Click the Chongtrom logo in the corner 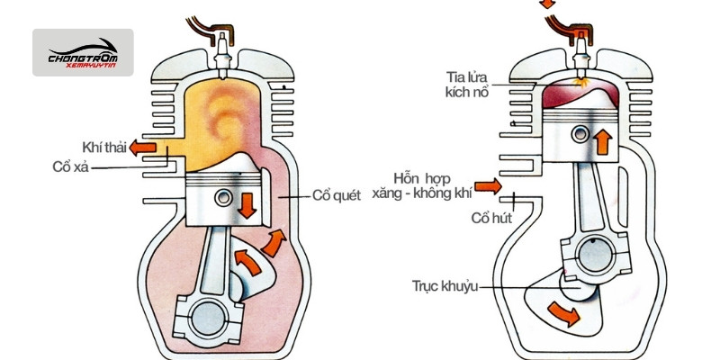83,52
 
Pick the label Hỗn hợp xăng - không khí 431,185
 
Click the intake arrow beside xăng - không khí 487,186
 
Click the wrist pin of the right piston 576,138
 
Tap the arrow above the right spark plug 546,4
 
